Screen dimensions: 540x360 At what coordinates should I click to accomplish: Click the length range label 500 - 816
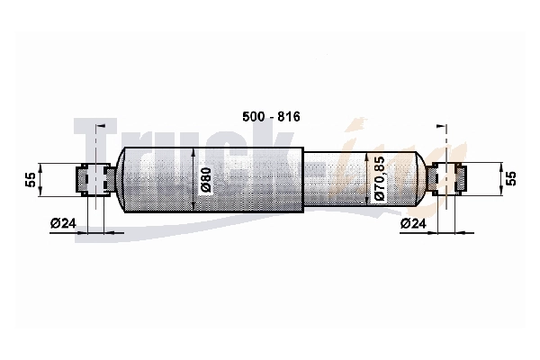[271, 117]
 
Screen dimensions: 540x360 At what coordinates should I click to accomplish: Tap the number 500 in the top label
[253, 117]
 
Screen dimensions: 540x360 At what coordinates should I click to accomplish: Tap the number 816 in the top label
[289, 117]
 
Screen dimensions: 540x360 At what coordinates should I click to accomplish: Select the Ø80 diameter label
[205, 181]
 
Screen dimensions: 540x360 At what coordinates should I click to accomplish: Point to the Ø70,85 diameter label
[379, 178]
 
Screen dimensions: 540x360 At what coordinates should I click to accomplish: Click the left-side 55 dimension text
[31, 179]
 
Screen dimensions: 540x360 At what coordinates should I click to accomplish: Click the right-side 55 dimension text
[511, 178]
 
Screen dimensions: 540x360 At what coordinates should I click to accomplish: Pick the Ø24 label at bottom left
[63, 223]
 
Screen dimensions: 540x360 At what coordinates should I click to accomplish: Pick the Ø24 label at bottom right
[413, 223]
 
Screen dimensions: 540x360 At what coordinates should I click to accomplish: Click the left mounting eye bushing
[95, 179]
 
